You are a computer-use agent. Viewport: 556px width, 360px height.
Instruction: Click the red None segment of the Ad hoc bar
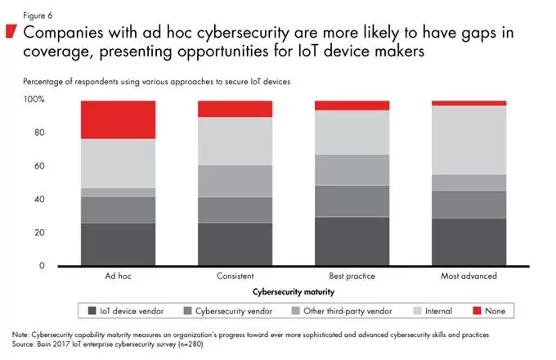118,119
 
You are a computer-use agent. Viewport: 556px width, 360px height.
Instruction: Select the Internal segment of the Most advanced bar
468,140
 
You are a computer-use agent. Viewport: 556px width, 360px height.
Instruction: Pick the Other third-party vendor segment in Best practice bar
352,169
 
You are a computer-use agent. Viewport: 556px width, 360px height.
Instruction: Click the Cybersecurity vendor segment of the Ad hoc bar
118,209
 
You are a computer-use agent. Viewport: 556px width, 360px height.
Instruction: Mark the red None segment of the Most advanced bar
468,103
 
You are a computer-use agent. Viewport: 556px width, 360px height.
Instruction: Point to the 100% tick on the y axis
34,100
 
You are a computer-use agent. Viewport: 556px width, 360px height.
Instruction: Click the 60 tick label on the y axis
38,166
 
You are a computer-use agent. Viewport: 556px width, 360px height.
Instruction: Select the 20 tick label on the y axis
38,233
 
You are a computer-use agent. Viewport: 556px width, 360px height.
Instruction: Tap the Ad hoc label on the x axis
118,277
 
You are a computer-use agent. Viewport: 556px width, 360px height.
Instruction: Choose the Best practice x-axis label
352,277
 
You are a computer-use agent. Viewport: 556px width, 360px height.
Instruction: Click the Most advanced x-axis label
468,277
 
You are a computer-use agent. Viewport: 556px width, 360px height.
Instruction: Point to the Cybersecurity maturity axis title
294,290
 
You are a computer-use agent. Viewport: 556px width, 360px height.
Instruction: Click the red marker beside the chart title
11,32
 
